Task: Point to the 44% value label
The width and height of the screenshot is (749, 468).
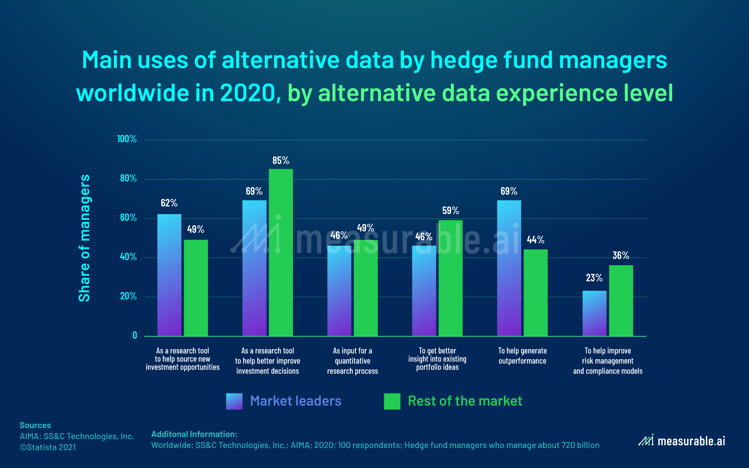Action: [535, 239]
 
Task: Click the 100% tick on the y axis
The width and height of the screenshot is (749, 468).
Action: [127, 139]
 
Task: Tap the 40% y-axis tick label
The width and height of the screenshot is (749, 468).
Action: [128, 257]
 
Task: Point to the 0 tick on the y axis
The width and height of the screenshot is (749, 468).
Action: [135, 335]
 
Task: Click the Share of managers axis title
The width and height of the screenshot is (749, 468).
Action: [85, 238]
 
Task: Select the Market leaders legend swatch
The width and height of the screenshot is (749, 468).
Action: [234, 401]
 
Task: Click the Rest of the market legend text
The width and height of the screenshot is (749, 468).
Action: [465, 401]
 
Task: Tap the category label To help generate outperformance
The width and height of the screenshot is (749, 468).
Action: [522, 356]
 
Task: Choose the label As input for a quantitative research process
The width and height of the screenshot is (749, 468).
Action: [352, 361]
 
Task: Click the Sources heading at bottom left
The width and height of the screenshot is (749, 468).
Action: [35, 425]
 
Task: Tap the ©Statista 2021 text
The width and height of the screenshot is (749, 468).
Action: [48, 447]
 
